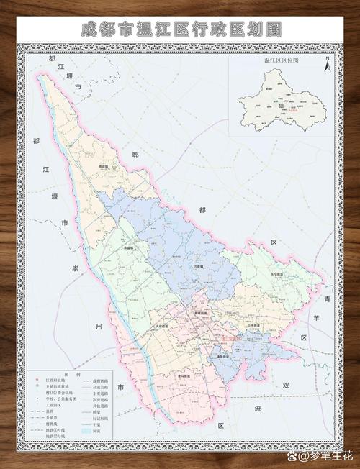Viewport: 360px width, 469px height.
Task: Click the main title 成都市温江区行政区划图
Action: (180, 29)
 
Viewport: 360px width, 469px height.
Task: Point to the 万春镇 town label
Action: (197, 267)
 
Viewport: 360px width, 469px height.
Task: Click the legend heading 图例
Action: (67, 375)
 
